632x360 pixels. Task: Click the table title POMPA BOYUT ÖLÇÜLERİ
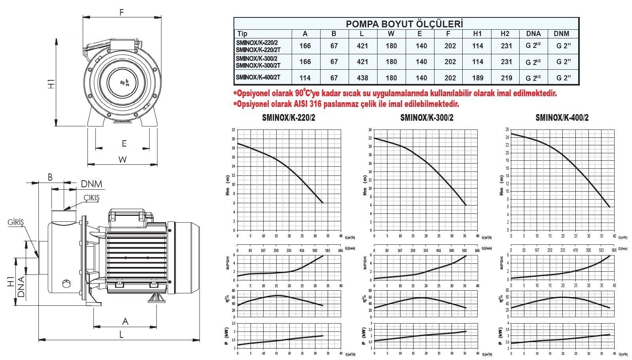tap(404, 24)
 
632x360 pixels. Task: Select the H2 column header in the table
tap(505, 34)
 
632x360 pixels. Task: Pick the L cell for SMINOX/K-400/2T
tap(362, 78)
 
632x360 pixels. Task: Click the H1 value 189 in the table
tap(478, 78)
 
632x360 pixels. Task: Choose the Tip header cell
tap(242, 34)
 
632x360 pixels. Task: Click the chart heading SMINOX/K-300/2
tap(427, 118)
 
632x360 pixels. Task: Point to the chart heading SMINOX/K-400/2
tap(562, 118)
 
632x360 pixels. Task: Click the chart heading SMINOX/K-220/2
tap(288, 118)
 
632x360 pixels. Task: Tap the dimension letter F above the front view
tap(122, 12)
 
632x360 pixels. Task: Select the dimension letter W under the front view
tap(123, 159)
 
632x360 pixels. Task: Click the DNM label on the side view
tap(91, 184)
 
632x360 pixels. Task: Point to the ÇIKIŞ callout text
tap(91, 198)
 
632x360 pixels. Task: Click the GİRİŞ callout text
tap(16, 223)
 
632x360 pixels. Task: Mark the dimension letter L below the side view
tap(121, 335)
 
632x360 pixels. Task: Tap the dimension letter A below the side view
tap(125, 321)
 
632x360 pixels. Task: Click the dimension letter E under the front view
tap(124, 143)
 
